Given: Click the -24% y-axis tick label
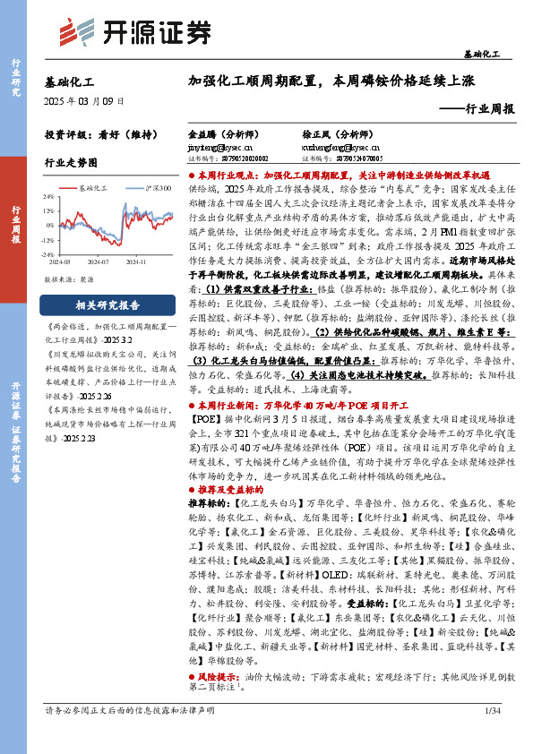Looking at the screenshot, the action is click(48, 253).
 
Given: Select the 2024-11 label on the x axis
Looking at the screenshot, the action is click(137, 263).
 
